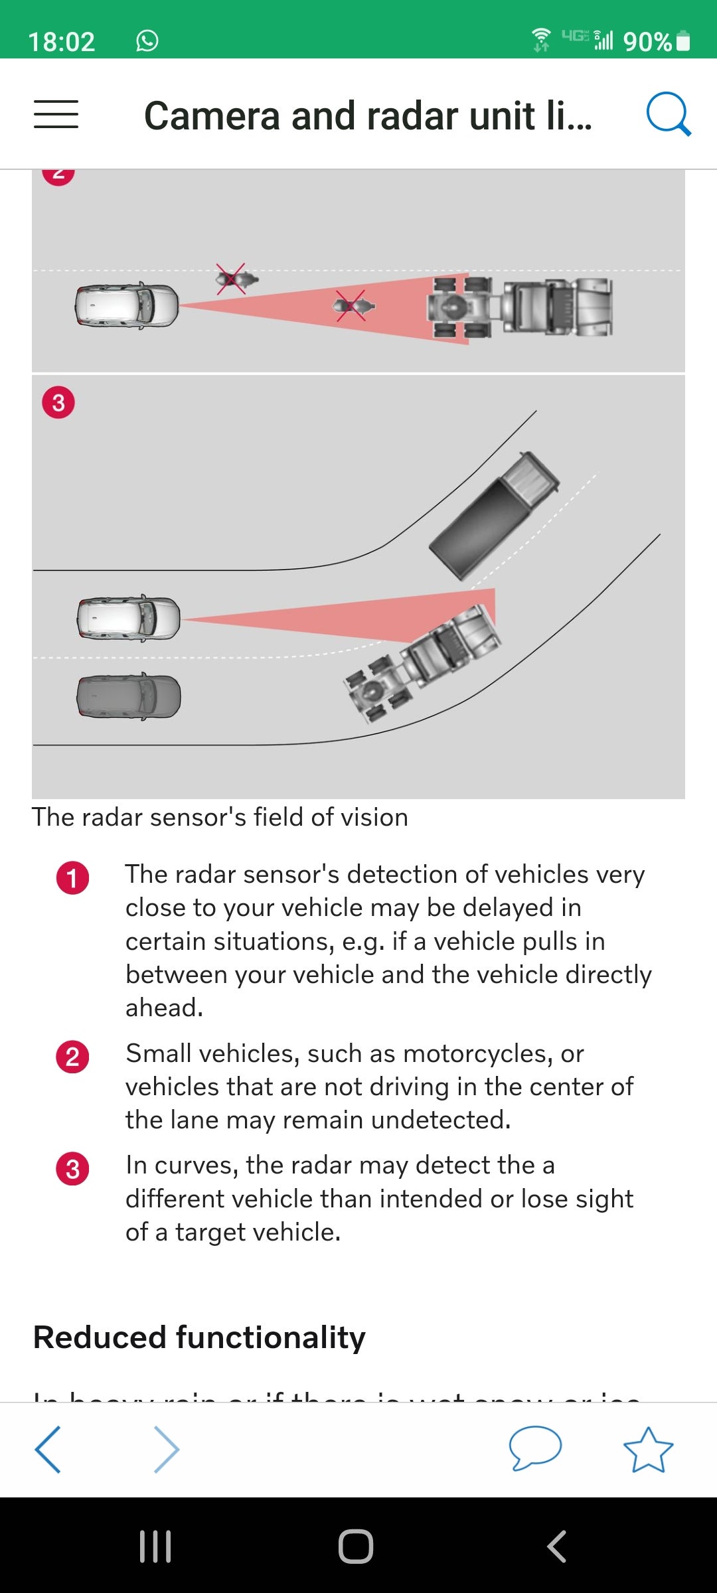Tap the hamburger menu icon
(x=56, y=114)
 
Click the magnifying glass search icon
(x=668, y=114)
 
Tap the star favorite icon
(x=648, y=1450)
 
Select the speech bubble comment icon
(x=535, y=1447)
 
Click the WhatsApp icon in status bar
(x=147, y=40)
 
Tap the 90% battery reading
(x=647, y=42)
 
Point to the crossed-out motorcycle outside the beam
(x=234, y=279)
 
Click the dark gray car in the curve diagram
(x=129, y=696)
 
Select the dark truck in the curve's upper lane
(x=494, y=514)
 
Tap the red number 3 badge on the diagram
(x=58, y=403)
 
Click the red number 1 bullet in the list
(x=73, y=878)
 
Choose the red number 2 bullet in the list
(x=73, y=1057)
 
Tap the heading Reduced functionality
(x=199, y=1337)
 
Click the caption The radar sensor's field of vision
(x=220, y=817)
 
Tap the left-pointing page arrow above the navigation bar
(x=48, y=1450)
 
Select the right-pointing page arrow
(x=166, y=1450)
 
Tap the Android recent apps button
(x=155, y=1546)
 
